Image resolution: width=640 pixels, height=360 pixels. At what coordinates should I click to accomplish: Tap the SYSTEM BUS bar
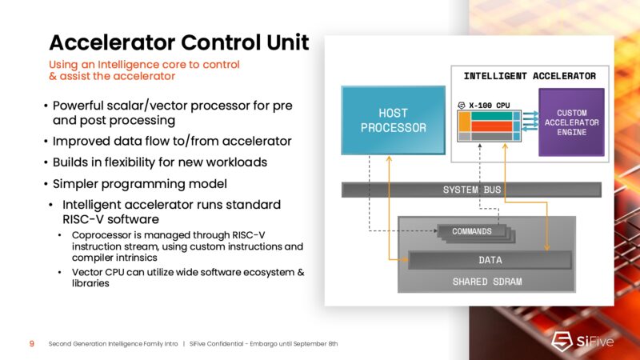[x=471, y=190]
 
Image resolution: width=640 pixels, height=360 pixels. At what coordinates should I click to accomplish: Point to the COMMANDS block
[x=471, y=231]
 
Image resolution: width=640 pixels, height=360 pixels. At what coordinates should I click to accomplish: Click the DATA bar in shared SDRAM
[x=490, y=260]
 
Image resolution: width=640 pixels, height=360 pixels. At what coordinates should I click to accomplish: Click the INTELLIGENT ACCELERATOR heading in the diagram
[x=530, y=76]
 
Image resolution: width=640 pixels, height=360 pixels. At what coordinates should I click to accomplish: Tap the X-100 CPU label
[x=490, y=104]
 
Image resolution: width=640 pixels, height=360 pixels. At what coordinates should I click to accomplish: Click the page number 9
[x=31, y=343]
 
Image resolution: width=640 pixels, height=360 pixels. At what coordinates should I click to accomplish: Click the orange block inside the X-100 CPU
[x=463, y=126]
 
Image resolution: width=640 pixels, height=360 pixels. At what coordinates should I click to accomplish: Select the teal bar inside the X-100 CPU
[x=491, y=116]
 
